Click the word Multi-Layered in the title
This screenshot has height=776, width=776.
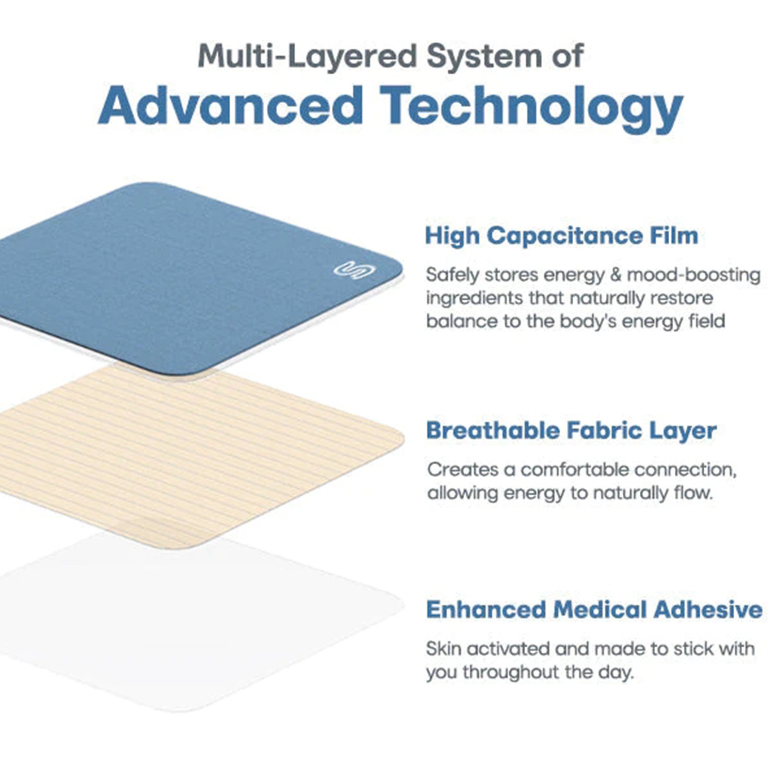307,57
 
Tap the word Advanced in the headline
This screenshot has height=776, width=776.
230,106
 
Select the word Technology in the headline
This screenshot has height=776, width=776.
532,109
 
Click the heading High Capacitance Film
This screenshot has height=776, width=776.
562,236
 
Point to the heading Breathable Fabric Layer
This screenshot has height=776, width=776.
571,431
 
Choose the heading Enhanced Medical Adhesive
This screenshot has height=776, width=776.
594,610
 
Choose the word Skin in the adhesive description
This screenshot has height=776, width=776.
443,648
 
